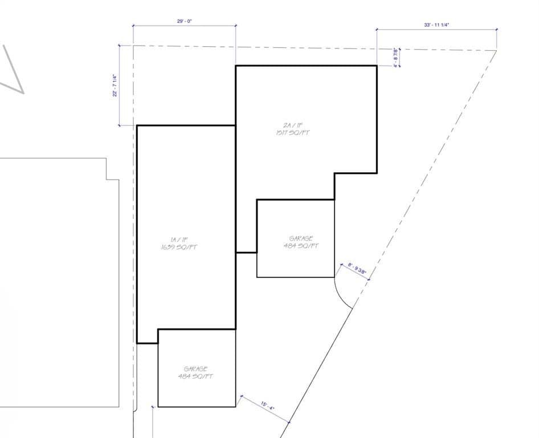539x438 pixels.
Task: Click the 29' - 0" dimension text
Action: click(x=184, y=21)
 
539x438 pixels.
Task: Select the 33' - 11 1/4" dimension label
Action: click(x=437, y=25)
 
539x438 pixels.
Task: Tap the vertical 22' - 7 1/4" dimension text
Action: click(x=115, y=86)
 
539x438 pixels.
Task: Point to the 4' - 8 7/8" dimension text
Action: click(x=395, y=57)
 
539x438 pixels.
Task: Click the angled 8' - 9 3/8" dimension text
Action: click(x=357, y=269)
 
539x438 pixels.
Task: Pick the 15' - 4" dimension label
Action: click(x=267, y=407)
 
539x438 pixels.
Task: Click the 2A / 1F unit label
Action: click(x=292, y=124)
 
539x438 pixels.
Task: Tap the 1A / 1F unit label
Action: click(x=179, y=240)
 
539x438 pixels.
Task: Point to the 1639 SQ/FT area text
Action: click(x=179, y=247)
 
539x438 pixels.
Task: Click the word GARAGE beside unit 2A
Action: click(x=301, y=238)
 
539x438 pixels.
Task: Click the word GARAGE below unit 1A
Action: click(x=195, y=369)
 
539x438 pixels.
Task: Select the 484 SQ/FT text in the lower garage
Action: click(x=195, y=376)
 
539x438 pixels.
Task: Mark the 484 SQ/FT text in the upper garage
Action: click(x=301, y=246)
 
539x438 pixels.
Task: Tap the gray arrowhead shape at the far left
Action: click(x=14, y=71)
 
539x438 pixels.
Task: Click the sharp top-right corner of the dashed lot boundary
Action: click(x=496, y=51)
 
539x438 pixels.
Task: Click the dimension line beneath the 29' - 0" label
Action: click(x=184, y=26)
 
